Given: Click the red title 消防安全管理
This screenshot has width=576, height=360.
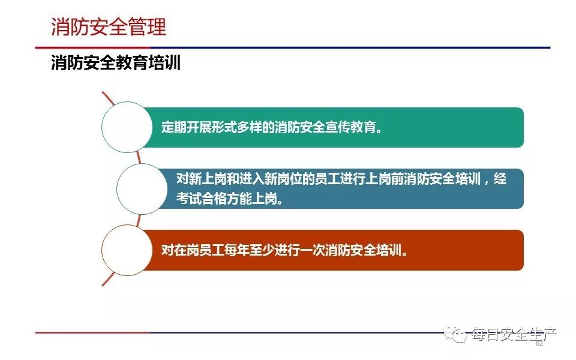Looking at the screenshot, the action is [109, 27].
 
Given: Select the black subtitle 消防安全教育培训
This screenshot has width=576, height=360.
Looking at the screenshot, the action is [116, 62].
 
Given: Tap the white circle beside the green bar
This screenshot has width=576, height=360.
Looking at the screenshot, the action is [127, 127].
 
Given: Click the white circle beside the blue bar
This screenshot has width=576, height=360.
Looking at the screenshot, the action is [142, 189].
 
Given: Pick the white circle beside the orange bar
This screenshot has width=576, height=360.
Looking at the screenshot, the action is [127, 250].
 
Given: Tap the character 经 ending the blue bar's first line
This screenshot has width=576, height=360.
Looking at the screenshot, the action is [500, 179].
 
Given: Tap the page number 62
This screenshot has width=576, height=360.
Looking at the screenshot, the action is [539, 343].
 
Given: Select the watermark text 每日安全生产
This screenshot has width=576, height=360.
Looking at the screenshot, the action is [514, 334].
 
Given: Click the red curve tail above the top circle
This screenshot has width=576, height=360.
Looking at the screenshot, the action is [107, 97].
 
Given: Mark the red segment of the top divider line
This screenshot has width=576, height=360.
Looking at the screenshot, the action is [92, 47].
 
